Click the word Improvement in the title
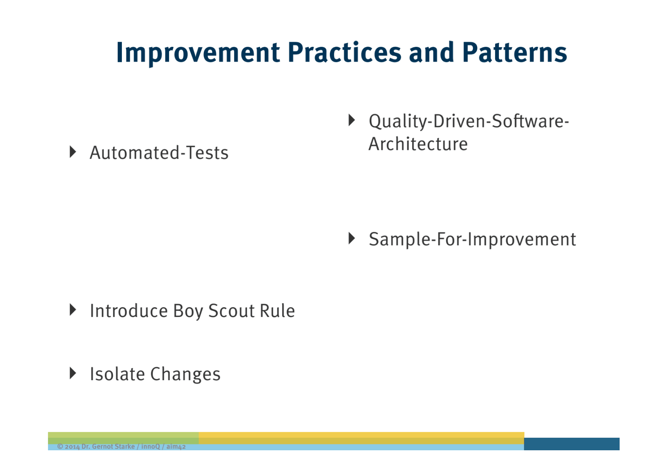[x=198, y=53]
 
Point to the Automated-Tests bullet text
[x=159, y=152]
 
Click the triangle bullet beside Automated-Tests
[x=73, y=152]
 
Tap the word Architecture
[x=418, y=144]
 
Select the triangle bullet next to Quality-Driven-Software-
[x=352, y=120]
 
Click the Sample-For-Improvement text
[x=472, y=239]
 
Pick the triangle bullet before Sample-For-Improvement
[x=352, y=239]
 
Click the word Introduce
[x=129, y=311]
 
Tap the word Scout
[x=231, y=311]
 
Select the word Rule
[x=277, y=311]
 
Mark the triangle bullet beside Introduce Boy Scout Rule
[x=73, y=310]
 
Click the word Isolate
[x=117, y=374]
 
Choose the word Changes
[x=185, y=374]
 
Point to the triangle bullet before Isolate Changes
[x=73, y=373]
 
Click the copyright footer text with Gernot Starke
[x=121, y=447]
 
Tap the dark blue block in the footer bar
[x=572, y=444]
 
